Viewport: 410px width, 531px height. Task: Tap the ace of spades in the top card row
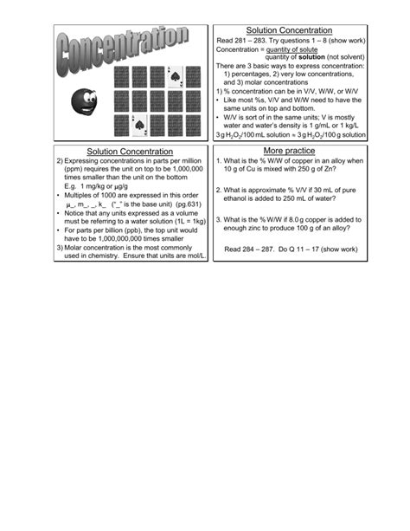click(x=175, y=78)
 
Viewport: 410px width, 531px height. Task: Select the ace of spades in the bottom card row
click(x=138, y=126)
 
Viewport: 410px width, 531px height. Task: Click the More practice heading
click(x=288, y=152)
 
